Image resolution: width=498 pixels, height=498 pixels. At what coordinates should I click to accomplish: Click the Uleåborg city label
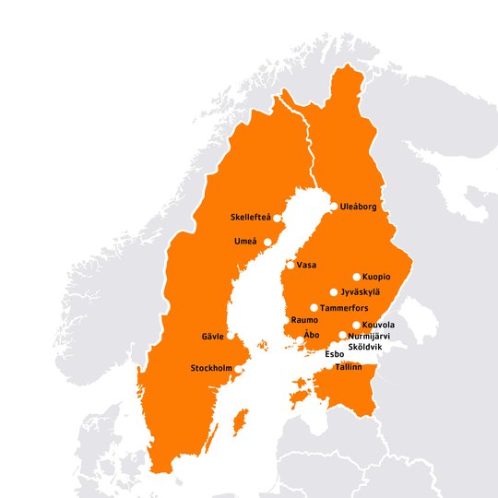click(359, 207)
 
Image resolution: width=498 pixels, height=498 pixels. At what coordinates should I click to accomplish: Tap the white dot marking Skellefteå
click(278, 218)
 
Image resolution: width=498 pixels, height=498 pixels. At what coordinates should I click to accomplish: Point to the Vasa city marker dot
click(290, 265)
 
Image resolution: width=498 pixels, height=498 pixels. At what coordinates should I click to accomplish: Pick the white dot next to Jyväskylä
click(333, 292)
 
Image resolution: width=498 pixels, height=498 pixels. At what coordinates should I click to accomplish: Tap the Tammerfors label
click(343, 307)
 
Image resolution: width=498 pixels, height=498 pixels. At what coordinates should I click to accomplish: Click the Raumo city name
click(304, 320)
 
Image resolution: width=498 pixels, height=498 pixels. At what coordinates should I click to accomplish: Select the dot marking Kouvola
click(356, 325)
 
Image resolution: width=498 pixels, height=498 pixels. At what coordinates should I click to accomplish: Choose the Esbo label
click(335, 353)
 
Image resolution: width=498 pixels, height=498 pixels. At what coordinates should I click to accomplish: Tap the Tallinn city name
click(349, 366)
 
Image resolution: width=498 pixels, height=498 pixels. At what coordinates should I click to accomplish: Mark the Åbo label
click(312, 336)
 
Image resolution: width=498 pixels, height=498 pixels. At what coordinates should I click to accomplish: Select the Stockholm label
click(211, 369)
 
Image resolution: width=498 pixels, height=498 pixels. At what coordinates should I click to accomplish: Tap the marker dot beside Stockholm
click(239, 369)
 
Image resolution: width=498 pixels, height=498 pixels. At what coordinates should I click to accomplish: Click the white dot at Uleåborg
click(333, 207)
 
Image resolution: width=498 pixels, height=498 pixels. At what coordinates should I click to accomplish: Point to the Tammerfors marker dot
click(314, 307)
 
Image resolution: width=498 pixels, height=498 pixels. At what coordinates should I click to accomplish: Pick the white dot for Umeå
click(268, 242)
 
